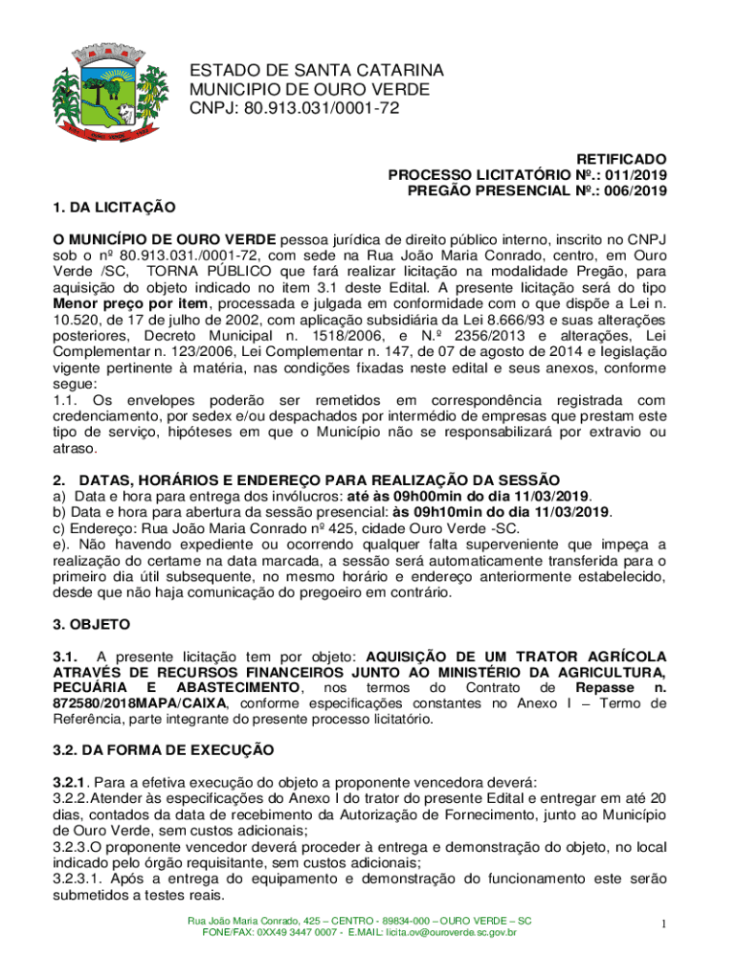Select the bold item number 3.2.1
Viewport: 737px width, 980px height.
pos(68,780)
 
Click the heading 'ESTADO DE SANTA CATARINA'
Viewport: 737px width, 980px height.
pos(316,71)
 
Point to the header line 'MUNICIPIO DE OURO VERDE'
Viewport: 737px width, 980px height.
pos(309,90)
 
